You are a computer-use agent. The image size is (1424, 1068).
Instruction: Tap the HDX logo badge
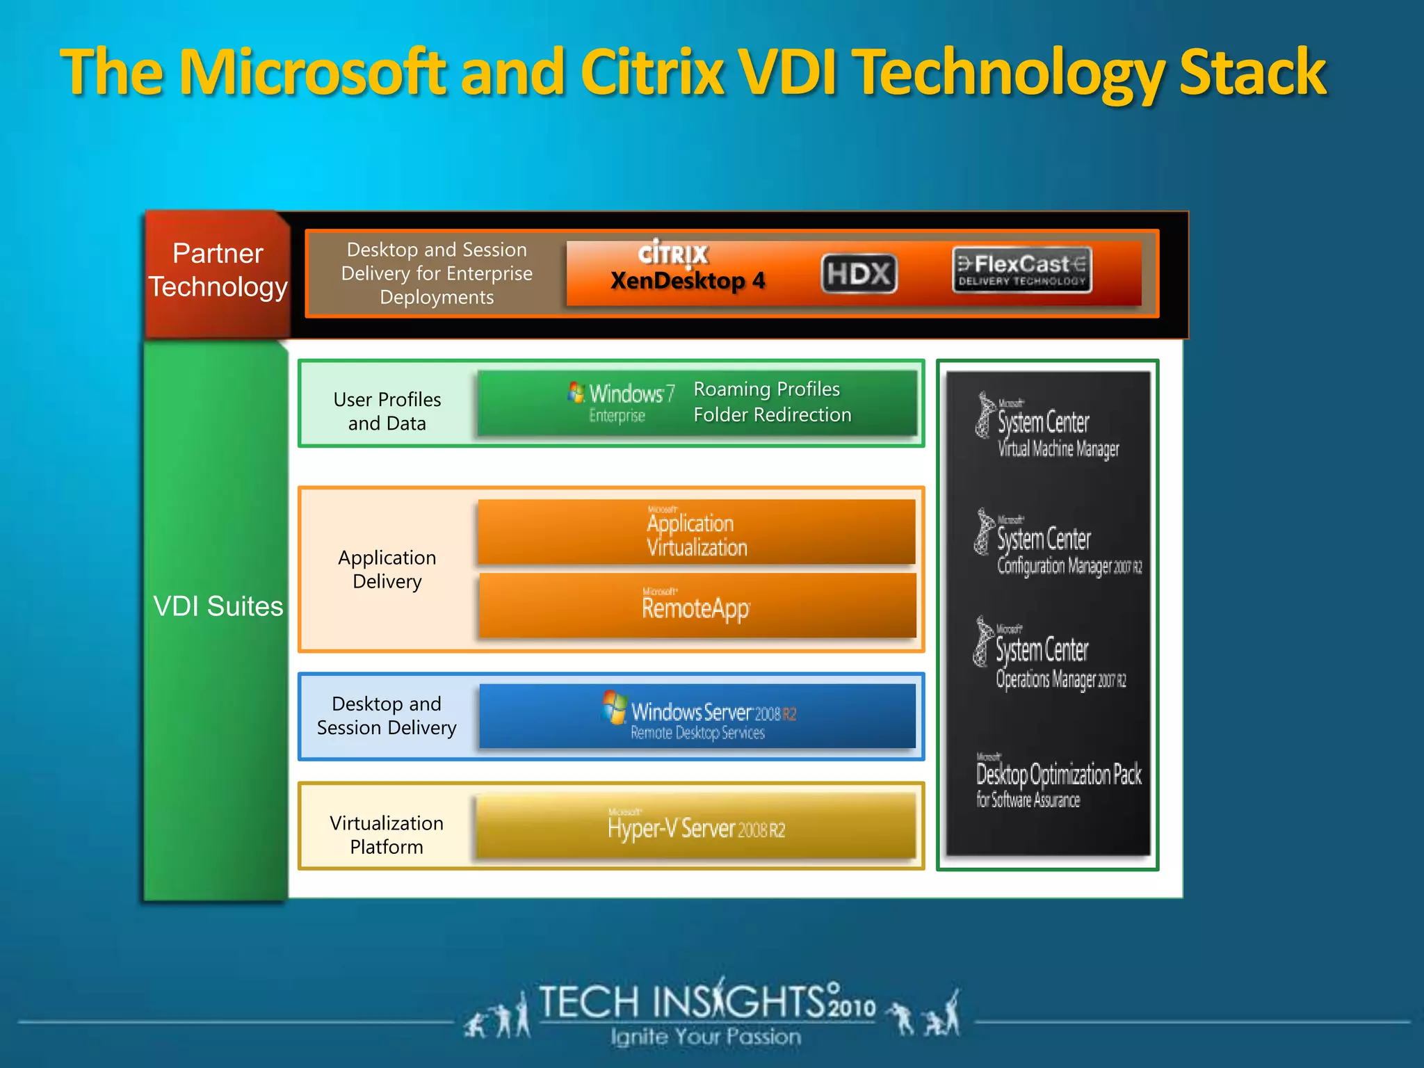[859, 274]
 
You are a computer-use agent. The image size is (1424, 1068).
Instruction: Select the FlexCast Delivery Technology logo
[1021, 270]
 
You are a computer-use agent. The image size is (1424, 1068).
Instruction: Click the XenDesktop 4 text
[688, 281]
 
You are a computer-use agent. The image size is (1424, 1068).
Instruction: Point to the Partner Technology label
[218, 270]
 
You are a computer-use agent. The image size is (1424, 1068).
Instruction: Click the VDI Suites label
[218, 606]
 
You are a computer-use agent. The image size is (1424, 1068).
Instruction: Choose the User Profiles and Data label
[387, 412]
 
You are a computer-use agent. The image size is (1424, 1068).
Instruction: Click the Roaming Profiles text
[766, 389]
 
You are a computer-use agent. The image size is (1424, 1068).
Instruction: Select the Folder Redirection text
[772, 415]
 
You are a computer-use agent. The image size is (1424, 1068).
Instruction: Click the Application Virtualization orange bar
[697, 533]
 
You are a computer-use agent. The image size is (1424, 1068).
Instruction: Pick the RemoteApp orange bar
[697, 606]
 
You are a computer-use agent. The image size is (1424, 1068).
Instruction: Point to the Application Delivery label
[387, 569]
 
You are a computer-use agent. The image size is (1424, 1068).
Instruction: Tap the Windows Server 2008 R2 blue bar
[697, 717]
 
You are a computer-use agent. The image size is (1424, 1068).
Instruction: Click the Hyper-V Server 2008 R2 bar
[696, 827]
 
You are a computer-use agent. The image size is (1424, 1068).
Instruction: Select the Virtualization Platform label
[387, 835]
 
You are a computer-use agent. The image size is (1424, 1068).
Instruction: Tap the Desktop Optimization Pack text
[1058, 775]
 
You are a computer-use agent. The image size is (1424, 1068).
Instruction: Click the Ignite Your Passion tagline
[706, 1037]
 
